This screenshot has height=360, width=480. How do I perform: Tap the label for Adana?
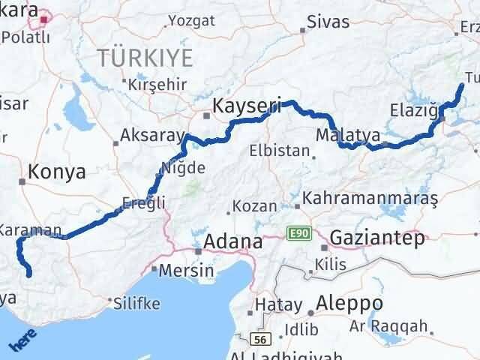(235, 242)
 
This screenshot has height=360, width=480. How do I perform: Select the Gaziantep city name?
(376, 238)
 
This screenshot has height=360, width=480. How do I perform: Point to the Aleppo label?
(349, 304)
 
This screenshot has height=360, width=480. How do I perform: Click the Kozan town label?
(255, 205)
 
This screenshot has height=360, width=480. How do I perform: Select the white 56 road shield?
(261, 340)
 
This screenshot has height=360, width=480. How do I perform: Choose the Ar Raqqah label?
(398, 325)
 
